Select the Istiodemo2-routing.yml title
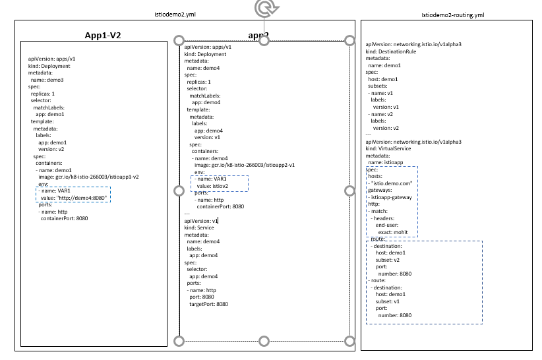pos(453,15)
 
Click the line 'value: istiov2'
pos(212,186)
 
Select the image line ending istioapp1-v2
pos(88,177)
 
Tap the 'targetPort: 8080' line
pos(208,304)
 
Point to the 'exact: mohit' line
pos(394,232)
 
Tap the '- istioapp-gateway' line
pos(394,196)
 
